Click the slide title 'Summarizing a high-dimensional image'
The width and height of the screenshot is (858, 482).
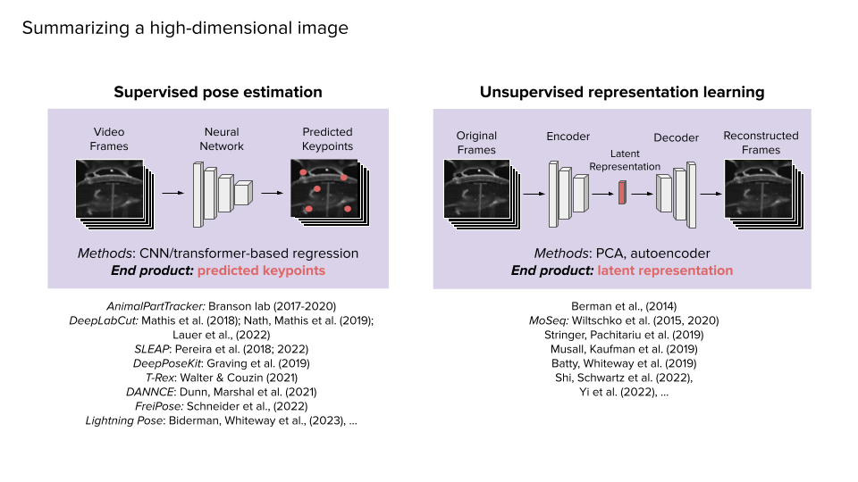click(x=185, y=29)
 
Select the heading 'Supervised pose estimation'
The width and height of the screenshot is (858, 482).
click(x=218, y=92)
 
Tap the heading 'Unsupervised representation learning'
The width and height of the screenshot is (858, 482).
click(x=622, y=92)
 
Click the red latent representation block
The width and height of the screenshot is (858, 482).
click(x=622, y=192)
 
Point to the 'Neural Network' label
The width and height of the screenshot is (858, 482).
click(x=223, y=138)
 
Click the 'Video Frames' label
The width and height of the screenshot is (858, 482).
click(x=109, y=138)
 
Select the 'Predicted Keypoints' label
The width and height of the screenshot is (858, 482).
click(x=327, y=138)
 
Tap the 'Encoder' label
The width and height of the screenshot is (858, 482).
click(x=568, y=137)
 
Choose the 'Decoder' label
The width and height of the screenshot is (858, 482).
click(x=677, y=137)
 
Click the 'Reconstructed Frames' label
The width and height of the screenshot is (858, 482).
click(x=761, y=143)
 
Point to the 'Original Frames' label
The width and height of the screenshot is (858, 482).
click(x=476, y=143)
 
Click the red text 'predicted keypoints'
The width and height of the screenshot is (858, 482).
click(x=261, y=270)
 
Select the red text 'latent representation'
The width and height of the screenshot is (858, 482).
click(x=665, y=270)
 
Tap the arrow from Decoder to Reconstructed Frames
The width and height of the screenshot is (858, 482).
click(x=710, y=192)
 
